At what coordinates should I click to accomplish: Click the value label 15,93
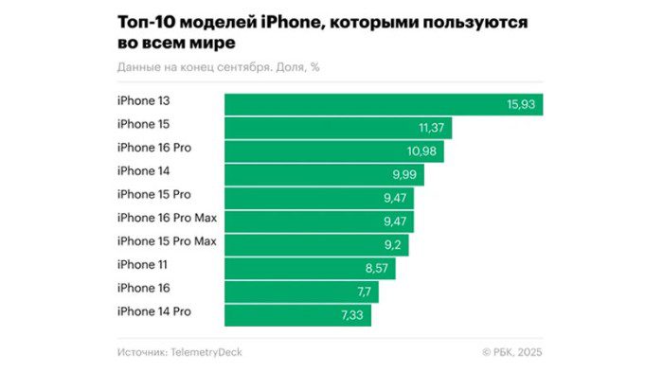522,105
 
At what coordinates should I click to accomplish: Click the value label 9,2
389,245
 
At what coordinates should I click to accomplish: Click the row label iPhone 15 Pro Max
167,240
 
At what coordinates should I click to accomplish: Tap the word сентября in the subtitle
248,67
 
